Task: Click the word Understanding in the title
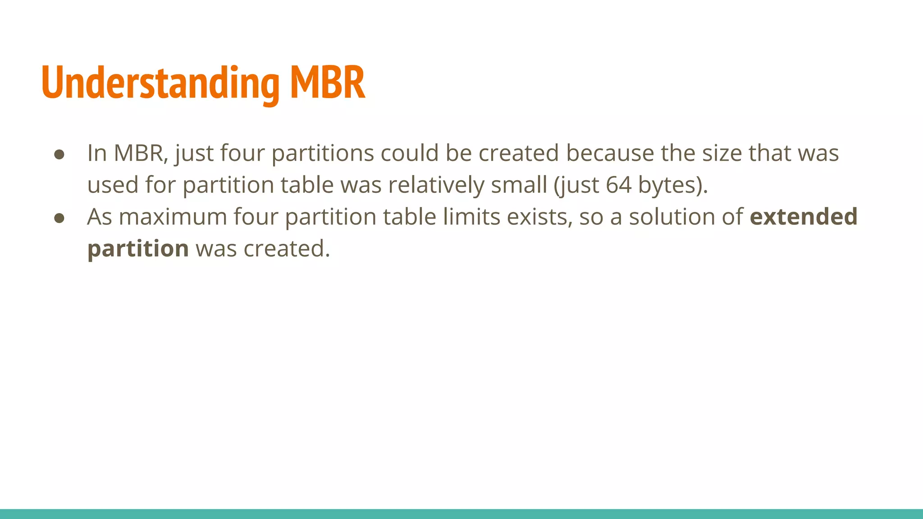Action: click(x=160, y=83)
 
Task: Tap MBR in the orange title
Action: click(x=327, y=83)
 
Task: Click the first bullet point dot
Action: click(x=59, y=155)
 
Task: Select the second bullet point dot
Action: click(x=59, y=218)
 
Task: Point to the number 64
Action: click(x=618, y=185)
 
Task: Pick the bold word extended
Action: click(x=803, y=217)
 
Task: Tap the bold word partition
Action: click(x=138, y=249)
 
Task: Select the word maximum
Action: click(x=173, y=217)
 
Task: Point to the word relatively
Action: click(x=436, y=185)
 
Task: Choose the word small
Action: click(x=519, y=185)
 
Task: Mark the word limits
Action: click(x=471, y=217)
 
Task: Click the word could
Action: click(x=409, y=153)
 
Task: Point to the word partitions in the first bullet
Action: click(x=322, y=154)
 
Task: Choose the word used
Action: click(x=113, y=185)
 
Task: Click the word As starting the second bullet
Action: click(x=99, y=217)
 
